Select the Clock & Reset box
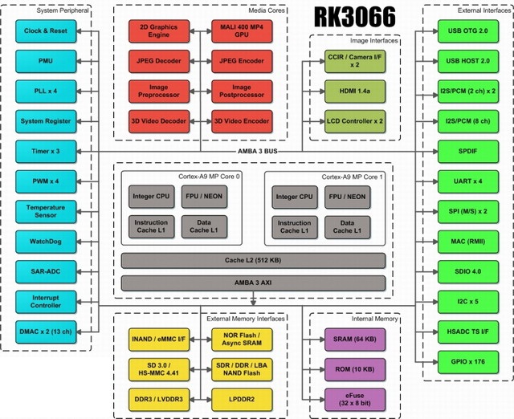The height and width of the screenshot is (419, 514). pyautogui.click(x=46, y=31)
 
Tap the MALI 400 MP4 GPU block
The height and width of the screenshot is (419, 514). pyautogui.click(x=241, y=31)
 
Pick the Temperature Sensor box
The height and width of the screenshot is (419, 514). pyautogui.click(x=46, y=210)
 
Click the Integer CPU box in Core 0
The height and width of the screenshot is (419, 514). pyautogui.click(x=151, y=197)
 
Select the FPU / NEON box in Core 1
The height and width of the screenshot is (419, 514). pyautogui.click(x=347, y=197)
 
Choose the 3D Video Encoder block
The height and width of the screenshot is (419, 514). pyautogui.click(x=241, y=121)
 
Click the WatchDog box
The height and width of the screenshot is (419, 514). pyautogui.click(x=46, y=240)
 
